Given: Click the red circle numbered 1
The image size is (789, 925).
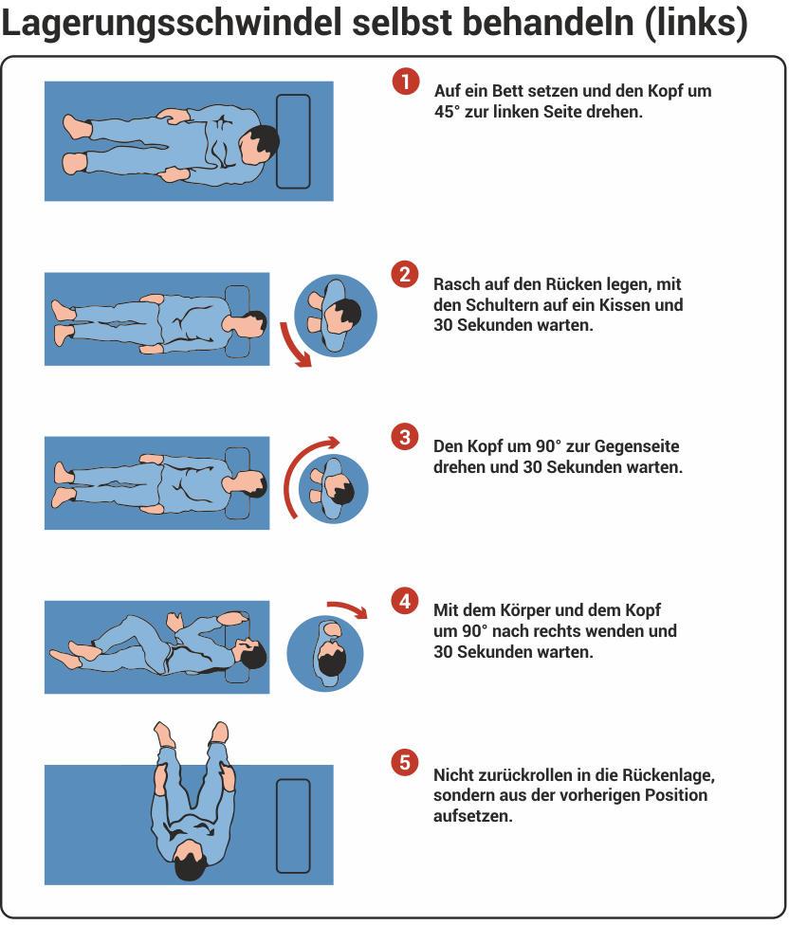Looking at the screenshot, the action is tap(406, 82).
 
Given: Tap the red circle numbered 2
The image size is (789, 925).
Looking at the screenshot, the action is tap(405, 274).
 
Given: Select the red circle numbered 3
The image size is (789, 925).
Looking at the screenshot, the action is tap(405, 437).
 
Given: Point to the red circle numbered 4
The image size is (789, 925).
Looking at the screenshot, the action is tap(405, 601).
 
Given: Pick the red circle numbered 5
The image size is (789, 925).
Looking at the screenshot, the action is tap(405, 762).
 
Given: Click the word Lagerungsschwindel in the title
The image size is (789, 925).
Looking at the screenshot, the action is tap(172, 24).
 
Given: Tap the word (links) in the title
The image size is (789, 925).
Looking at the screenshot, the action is tap(696, 24).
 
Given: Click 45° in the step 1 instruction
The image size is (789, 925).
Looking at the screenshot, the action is tap(447, 112).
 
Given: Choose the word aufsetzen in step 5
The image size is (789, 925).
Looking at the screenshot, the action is tap(472, 816).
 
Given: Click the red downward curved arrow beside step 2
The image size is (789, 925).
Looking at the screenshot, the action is tap(294, 346).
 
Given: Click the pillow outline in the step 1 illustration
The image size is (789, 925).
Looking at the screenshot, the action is tap(293, 141).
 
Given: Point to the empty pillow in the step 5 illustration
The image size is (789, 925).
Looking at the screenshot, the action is tap(293, 825).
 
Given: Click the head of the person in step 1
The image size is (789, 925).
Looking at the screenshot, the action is tap(259, 144).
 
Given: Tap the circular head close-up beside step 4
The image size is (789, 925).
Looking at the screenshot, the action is tap(325, 654).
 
